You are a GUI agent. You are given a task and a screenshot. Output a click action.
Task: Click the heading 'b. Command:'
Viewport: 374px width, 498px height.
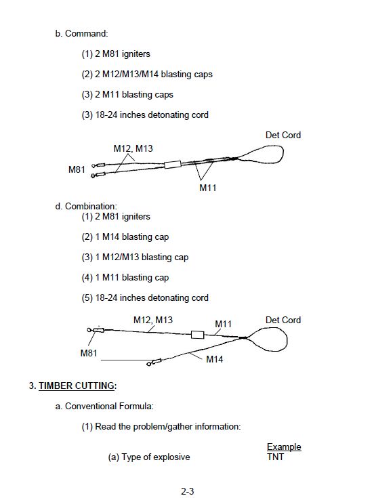click(81, 33)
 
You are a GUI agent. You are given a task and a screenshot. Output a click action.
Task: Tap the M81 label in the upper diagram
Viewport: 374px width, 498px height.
click(77, 169)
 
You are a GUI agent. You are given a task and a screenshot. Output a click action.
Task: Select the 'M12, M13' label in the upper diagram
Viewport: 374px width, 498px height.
click(133, 148)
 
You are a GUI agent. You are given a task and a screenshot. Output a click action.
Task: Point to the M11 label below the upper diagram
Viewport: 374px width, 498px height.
click(207, 188)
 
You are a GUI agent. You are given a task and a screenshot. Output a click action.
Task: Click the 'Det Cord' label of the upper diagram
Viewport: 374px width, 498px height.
click(283, 135)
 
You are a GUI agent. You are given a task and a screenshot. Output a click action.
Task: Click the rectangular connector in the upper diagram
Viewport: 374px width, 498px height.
click(173, 165)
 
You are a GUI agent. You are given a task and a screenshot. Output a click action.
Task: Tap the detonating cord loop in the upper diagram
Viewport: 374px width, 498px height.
click(283, 154)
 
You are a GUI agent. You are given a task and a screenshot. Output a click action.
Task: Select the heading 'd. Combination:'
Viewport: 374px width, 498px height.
click(86, 206)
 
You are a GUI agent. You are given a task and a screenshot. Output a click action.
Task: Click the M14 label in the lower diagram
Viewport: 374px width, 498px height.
click(214, 359)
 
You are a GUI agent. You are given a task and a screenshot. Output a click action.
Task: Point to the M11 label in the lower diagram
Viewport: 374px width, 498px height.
click(223, 324)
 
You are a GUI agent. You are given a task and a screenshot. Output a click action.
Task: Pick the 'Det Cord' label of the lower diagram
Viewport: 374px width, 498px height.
click(283, 320)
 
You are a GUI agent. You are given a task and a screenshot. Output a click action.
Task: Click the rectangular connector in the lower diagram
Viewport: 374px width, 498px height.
click(197, 335)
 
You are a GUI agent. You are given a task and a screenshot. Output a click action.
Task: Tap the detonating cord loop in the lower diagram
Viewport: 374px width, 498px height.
click(287, 340)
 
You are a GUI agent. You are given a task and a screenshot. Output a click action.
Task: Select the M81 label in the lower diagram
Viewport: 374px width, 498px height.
click(89, 353)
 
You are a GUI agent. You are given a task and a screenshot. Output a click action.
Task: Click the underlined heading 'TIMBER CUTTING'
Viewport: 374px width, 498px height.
click(77, 386)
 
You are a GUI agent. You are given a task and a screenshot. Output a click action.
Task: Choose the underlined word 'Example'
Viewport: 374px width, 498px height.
click(284, 447)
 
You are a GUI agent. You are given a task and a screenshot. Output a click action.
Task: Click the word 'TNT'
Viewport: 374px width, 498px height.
click(275, 457)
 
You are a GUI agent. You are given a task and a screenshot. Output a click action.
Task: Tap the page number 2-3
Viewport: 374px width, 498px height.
click(187, 491)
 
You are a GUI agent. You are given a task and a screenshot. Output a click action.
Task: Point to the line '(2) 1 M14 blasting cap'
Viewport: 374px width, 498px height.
click(125, 236)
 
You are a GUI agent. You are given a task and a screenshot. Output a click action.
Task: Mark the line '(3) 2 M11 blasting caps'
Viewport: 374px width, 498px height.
click(127, 94)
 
